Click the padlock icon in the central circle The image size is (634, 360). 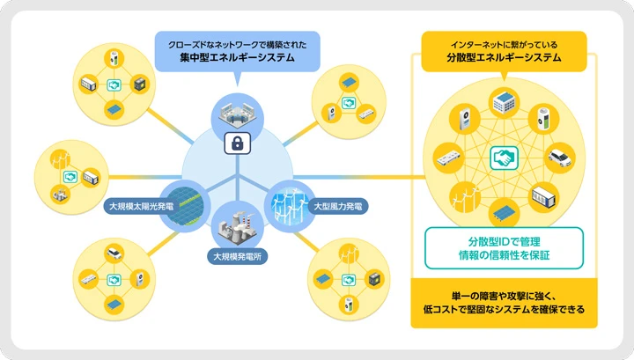(x=236, y=143)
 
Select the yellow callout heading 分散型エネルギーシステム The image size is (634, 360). (x=504, y=60)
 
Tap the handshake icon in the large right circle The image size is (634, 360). (x=505, y=158)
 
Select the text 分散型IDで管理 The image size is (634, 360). (x=504, y=240)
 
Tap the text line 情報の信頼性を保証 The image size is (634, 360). (x=504, y=257)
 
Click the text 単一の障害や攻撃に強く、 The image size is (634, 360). (x=504, y=294)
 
